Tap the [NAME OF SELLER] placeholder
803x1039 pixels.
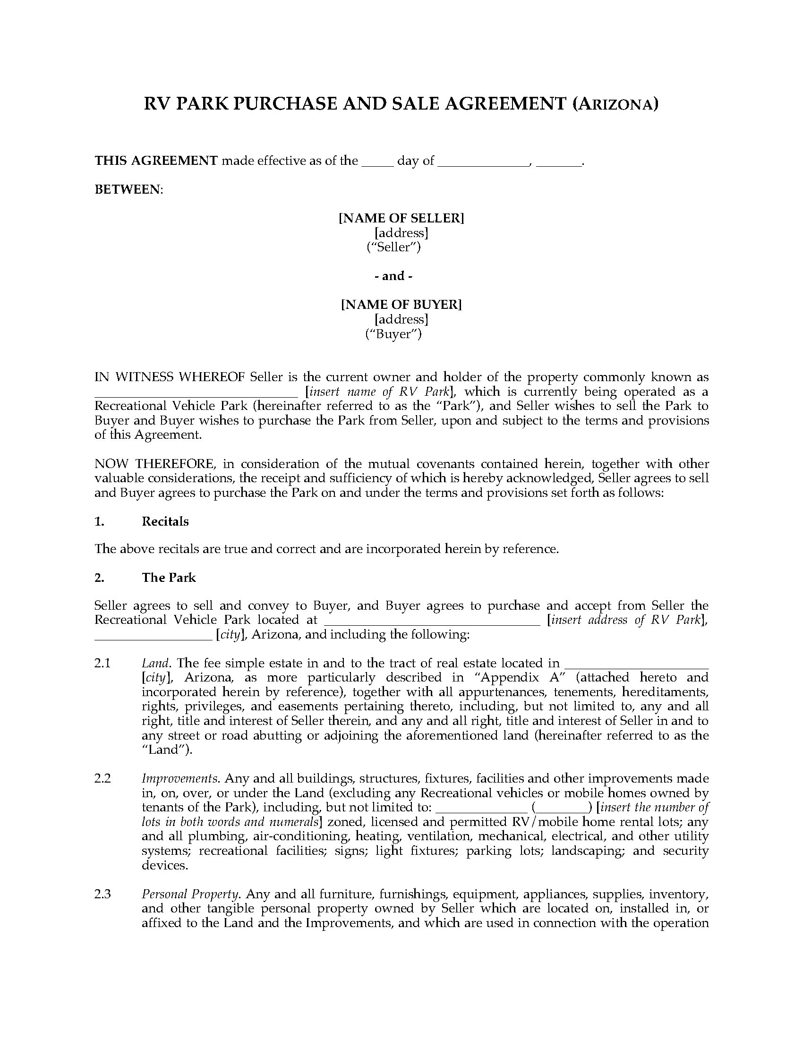pos(401,218)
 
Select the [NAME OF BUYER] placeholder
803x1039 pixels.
pos(401,304)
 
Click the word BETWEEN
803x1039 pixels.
pos(128,189)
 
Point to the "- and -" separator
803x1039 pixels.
pos(393,276)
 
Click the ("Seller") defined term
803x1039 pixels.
pos(393,247)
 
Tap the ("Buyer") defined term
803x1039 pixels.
pos(393,334)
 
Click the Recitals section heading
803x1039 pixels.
pos(165,521)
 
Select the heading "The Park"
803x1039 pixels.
pos(169,578)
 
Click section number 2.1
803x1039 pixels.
pos(103,663)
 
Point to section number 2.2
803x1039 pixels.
pos(103,779)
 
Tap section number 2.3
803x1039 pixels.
pos(103,894)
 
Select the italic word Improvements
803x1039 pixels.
pos(180,779)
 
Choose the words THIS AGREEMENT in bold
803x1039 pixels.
pos(156,161)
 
